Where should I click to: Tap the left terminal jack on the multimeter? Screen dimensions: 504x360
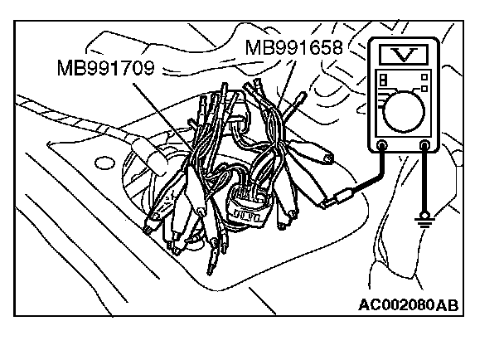(382, 147)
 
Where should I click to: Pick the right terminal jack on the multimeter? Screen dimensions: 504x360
(425, 147)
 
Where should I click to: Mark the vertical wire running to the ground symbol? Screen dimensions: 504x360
(425, 182)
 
